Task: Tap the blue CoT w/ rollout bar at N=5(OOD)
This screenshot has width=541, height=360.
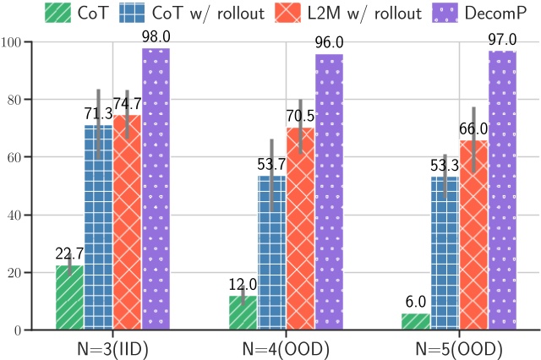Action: click(445, 254)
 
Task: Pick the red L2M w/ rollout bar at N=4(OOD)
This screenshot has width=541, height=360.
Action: click(300, 228)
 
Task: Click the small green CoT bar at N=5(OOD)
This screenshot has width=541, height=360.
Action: click(416, 321)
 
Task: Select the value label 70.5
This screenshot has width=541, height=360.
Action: click(300, 111)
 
